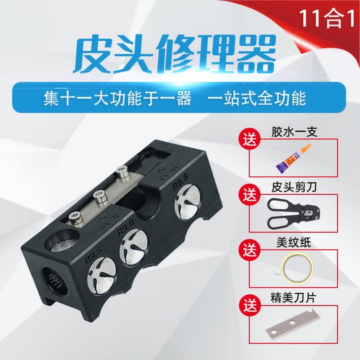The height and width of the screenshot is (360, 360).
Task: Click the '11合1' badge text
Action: [x=327, y=19]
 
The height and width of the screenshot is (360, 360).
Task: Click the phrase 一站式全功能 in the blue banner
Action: [x=257, y=98]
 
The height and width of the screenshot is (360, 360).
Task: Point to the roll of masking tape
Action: [x=297, y=267]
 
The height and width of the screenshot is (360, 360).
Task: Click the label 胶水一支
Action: [x=294, y=133]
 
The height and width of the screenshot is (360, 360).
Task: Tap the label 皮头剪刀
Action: [x=294, y=188]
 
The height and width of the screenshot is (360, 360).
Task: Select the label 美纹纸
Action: [x=294, y=243]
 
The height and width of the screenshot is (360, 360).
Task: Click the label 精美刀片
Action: [x=294, y=298]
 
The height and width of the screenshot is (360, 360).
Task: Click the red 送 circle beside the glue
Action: [x=250, y=139]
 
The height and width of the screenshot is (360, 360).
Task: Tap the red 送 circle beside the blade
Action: [x=250, y=305]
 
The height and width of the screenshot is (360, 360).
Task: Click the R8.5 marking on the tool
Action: [x=180, y=182]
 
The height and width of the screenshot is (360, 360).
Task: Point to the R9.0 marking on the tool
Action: [x=125, y=227]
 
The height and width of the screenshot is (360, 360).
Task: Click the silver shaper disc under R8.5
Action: [x=187, y=202]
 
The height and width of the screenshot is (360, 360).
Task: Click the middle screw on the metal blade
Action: [x=100, y=197]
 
